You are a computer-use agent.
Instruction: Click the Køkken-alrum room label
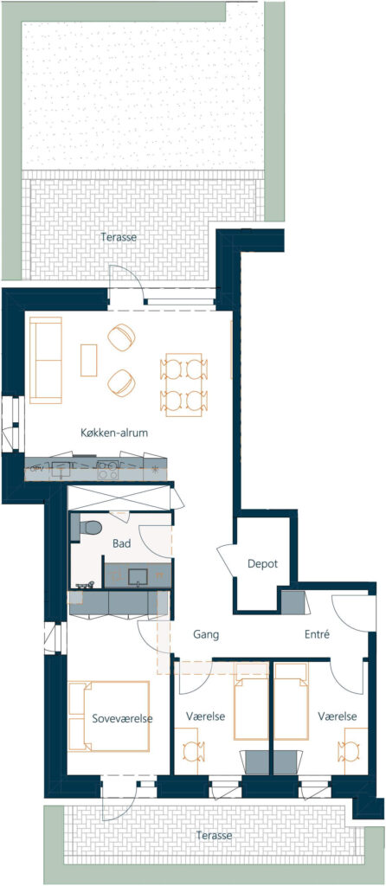(113, 433)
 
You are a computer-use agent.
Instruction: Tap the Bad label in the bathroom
(122, 543)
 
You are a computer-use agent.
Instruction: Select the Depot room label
(263, 563)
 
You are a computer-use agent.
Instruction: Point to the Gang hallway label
(206, 634)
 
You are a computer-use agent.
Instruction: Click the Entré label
(317, 634)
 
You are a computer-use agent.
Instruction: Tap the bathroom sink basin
(138, 576)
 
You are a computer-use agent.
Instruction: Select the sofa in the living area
(46, 360)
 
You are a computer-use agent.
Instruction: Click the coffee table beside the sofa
(89, 360)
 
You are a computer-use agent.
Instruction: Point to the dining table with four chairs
(184, 385)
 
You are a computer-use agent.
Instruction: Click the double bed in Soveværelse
(110, 716)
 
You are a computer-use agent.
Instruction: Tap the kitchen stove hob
(107, 470)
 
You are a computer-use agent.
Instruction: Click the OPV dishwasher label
(36, 467)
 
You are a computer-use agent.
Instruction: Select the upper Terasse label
(118, 237)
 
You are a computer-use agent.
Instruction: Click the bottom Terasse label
(214, 835)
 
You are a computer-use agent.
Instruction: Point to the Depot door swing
(226, 560)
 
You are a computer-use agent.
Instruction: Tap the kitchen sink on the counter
(61, 469)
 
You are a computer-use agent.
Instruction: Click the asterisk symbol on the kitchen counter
(155, 470)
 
